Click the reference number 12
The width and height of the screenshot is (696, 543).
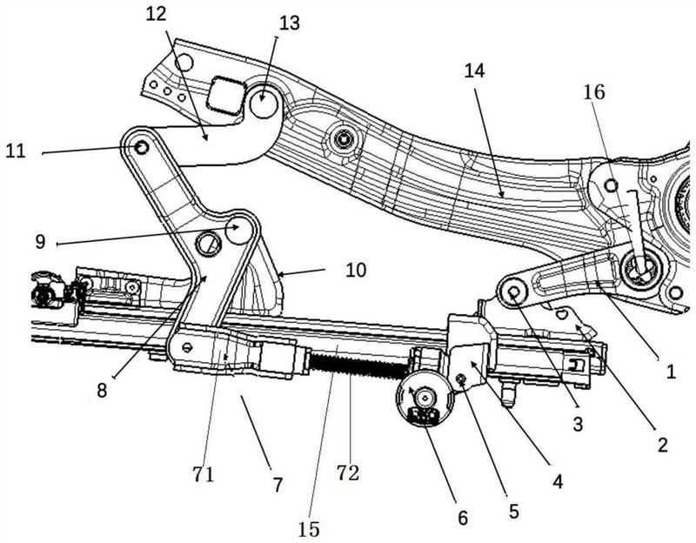(x=156, y=14)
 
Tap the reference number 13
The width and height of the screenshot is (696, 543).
(x=290, y=23)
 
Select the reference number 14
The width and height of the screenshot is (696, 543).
(x=474, y=70)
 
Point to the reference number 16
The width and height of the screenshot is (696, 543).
(x=594, y=92)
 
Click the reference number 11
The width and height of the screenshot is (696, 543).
(x=16, y=151)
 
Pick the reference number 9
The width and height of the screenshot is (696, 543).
(x=40, y=242)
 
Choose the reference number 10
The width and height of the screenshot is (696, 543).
(x=356, y=270)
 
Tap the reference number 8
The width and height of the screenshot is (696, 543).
(x=102, y=391)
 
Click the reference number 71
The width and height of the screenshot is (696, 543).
(x=204, y=474)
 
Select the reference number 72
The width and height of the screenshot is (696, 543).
(x=347, y=473)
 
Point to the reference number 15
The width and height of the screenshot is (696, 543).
(x=309, y=529)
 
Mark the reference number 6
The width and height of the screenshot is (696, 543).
(x=463, y=518)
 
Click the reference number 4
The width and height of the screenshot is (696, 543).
(x=558, y=481)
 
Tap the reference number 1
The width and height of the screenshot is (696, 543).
(x=671, y=372)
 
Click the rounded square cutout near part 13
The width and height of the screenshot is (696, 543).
(x=226, y=95)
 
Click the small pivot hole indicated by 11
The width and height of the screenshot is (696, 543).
(x=142, y=146)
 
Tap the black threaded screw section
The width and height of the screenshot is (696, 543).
(x=358, y=364)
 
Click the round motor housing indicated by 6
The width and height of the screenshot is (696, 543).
(x=425, y=399)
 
